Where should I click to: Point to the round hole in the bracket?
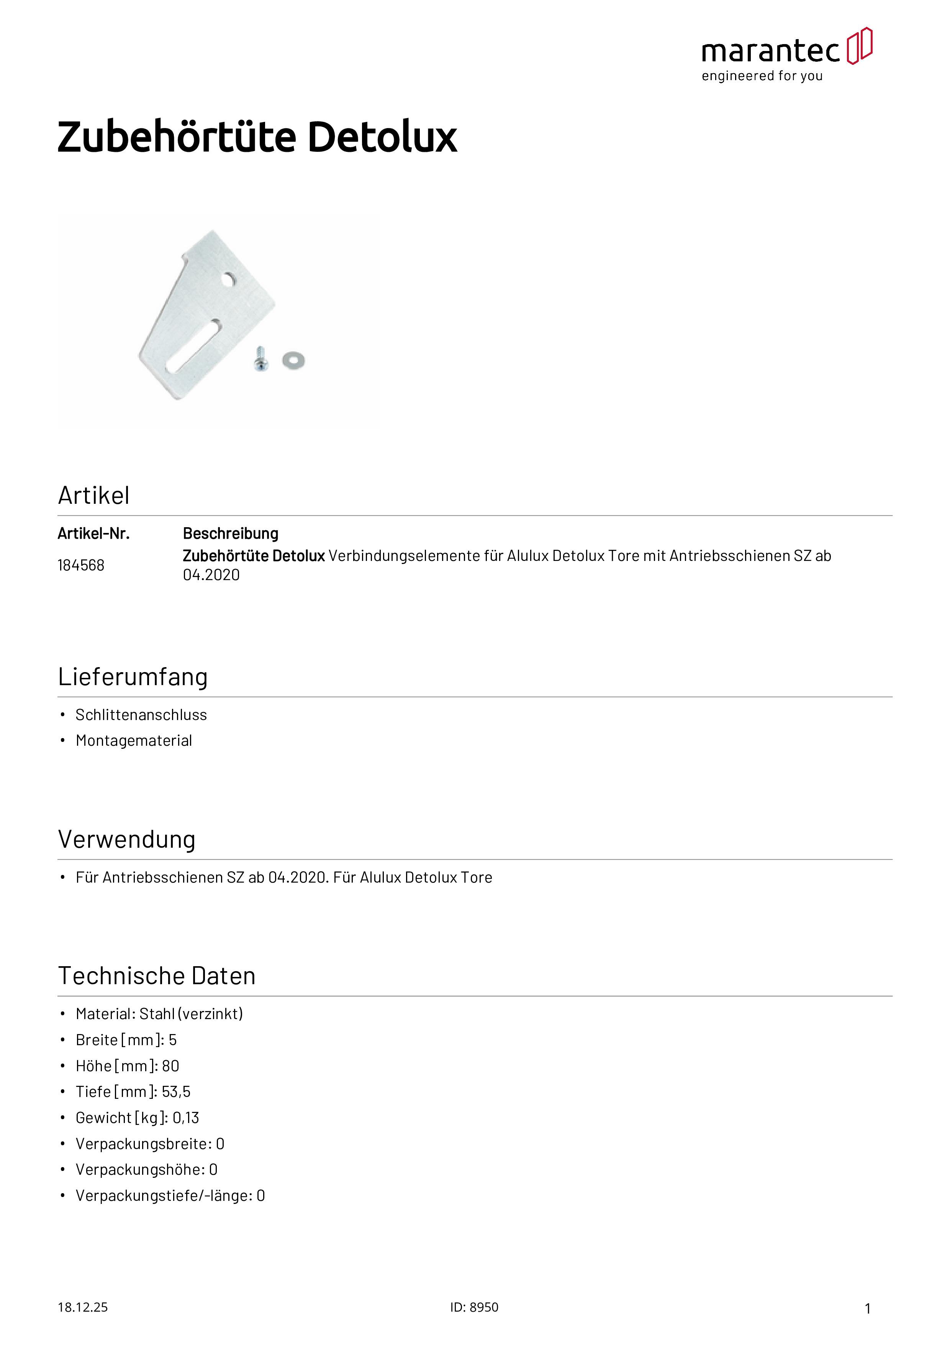(229, 280)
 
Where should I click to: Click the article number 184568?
(81, 565)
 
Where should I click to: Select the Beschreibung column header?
(231, 534)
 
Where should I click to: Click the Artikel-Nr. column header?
(93, 534)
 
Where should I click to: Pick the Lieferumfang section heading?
(133, 677)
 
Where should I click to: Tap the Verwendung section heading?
(126, 839)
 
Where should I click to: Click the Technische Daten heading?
(157, 976)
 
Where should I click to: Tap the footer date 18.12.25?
(82, 1307)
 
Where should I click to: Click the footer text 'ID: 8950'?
(474, 1307)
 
